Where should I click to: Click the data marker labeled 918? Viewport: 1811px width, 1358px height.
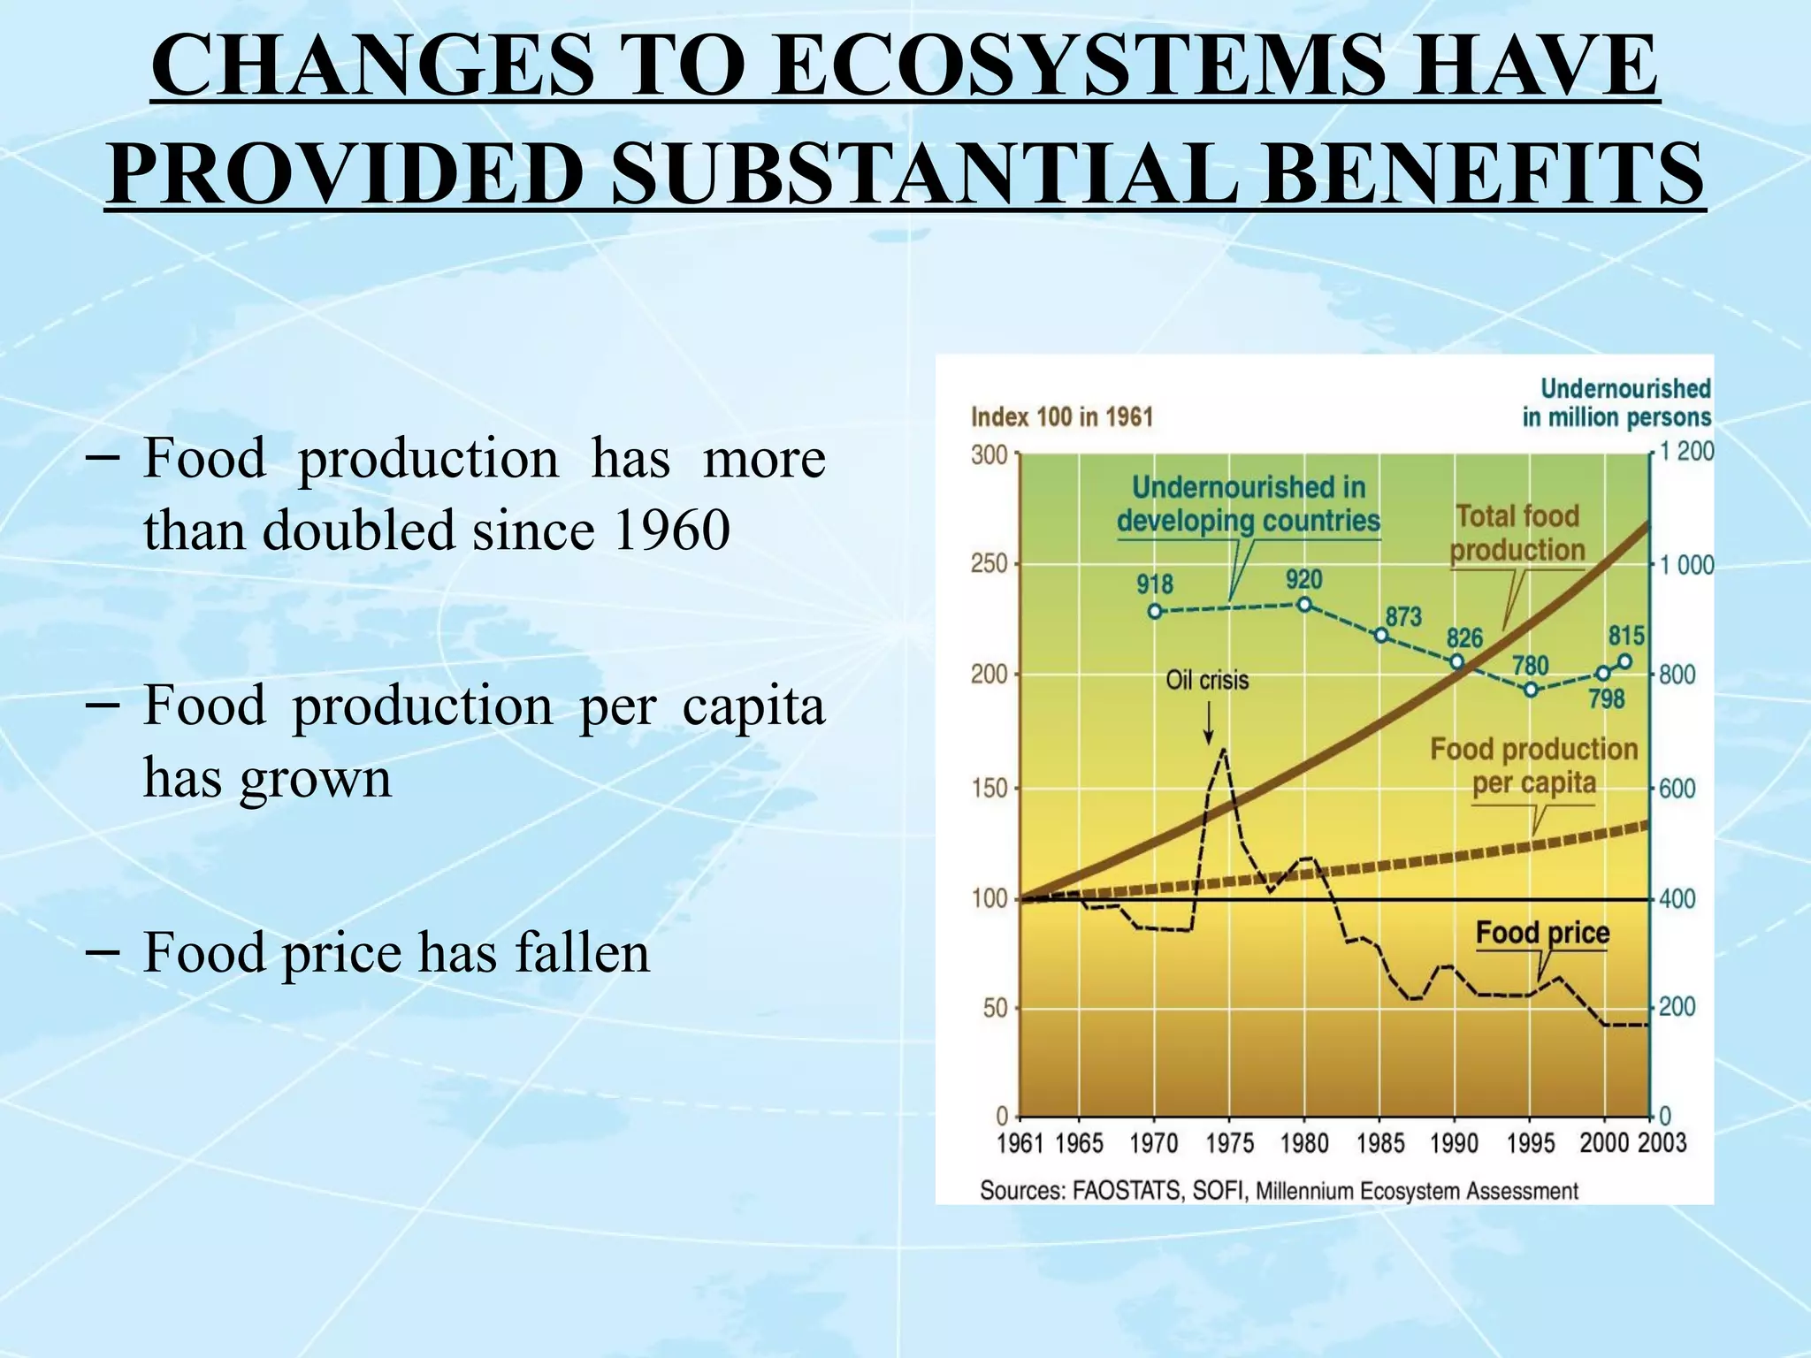coord(1155,612)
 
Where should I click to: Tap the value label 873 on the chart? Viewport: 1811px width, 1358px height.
coord(1403,616)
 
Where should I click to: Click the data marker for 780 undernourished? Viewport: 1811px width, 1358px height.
coord(1532,690)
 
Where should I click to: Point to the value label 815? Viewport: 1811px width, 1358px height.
coord(1626,636)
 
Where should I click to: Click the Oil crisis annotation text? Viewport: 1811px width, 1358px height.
coord(1207,680)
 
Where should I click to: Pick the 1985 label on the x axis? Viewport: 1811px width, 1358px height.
coord(1379,1143)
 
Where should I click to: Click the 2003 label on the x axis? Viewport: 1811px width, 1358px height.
coord(1662,1143)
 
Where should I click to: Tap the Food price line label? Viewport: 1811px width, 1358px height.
coord(1542,933)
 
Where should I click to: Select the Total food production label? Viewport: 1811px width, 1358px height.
coord(1517,533)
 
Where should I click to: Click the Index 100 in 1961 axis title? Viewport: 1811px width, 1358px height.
coord(1062,417)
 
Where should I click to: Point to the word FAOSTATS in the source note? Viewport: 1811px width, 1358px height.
coord(1127,1191)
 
